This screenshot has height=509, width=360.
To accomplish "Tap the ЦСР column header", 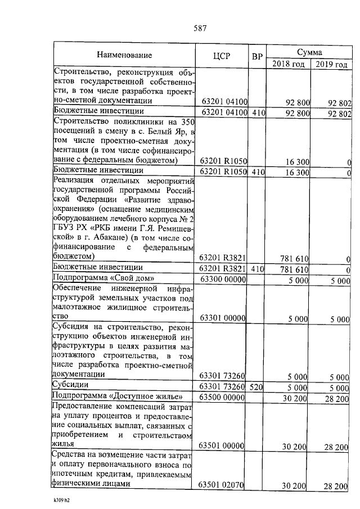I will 222,56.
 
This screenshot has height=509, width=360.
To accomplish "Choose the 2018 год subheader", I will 288,64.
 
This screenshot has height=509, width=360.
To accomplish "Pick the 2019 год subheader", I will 331,64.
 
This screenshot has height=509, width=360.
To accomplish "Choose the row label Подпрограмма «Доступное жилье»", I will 115,398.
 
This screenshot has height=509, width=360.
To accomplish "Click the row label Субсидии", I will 71,386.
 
